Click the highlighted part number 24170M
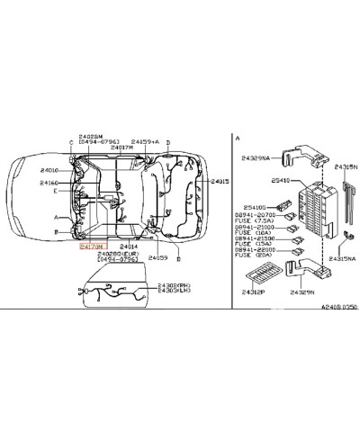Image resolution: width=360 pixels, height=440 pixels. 93,244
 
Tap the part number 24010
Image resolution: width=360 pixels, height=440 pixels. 49,169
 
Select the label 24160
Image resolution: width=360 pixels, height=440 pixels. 49,183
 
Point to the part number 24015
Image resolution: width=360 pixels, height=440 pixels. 220,182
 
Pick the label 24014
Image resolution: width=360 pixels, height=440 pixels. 130,245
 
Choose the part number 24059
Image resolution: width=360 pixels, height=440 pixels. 158,257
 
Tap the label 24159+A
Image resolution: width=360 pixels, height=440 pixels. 145,142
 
